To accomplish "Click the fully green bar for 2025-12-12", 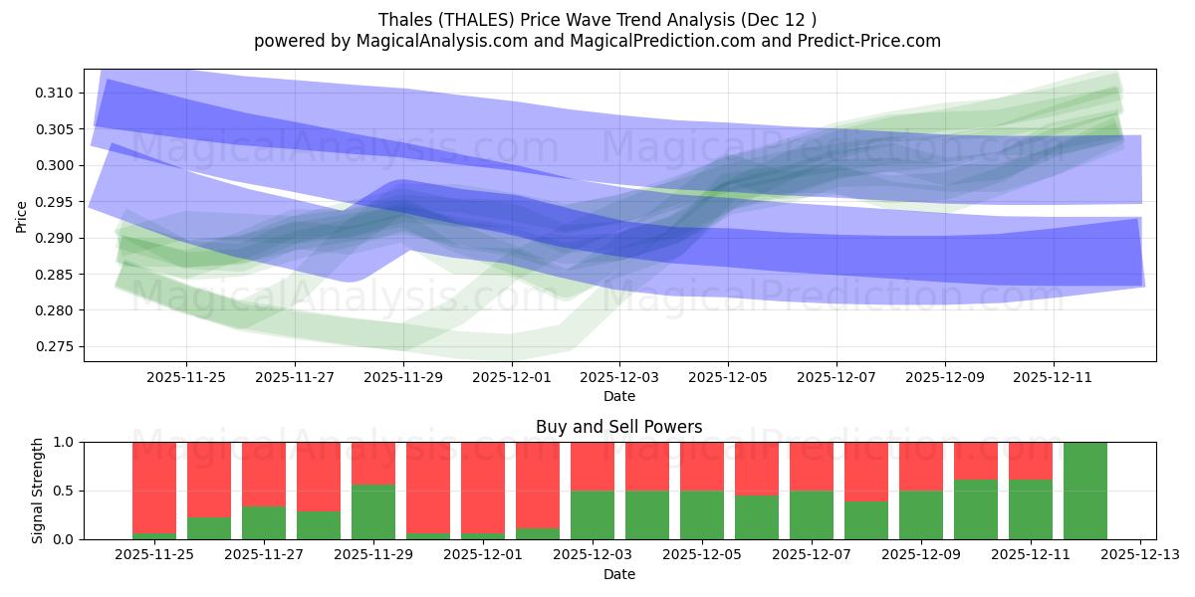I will click(1084, 491).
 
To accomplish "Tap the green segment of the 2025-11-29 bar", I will click(373, 512).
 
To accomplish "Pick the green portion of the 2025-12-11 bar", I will click(1030, 509).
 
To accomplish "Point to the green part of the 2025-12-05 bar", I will click(702, 514).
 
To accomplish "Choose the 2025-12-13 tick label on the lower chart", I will click(1139, 555).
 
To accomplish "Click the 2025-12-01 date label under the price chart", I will click(512, 377).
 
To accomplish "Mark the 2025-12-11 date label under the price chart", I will click(1054, 377).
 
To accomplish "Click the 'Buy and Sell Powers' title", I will click(618, 427).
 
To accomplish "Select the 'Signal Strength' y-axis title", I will click(37, 491).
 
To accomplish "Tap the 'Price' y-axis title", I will click(22, 216).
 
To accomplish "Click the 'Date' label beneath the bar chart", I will click(618, 574).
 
